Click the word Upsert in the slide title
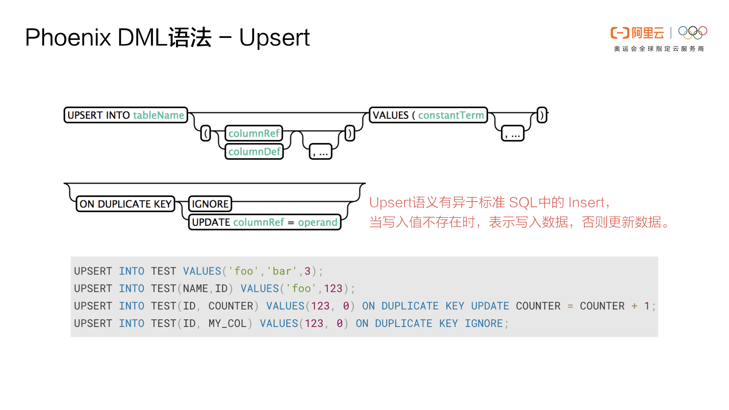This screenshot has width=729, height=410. [x=274, y=38]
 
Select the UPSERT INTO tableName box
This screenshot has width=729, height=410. [x=126, y=115]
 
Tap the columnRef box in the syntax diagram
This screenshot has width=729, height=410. [x=254, y=133]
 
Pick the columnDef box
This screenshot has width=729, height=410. [x=254, y=151]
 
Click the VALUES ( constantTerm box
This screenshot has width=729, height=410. [x=428, y=115]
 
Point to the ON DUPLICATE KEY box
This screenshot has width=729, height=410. [x=125, y=204]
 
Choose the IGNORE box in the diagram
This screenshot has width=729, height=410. [x=210, y=204]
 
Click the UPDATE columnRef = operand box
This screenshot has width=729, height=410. [x=265, y=222]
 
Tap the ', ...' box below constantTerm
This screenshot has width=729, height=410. [x=513, y=134]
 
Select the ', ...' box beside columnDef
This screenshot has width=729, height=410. [x=321, y=152]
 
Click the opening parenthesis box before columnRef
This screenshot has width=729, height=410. [x=206, y=133]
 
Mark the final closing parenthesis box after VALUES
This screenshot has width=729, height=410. [x=542, y=115]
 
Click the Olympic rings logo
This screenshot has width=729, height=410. [x=693, y=33]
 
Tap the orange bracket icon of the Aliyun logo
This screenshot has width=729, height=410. [x=620, y=33]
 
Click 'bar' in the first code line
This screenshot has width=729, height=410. [x=281, y=271]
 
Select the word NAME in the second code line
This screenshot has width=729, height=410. [x=195, y=289]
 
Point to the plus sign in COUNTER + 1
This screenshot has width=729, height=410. [x=634, y=306]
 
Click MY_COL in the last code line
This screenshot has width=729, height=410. [x=227, y=323]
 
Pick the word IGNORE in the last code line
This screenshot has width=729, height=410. [x=484, y=323]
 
